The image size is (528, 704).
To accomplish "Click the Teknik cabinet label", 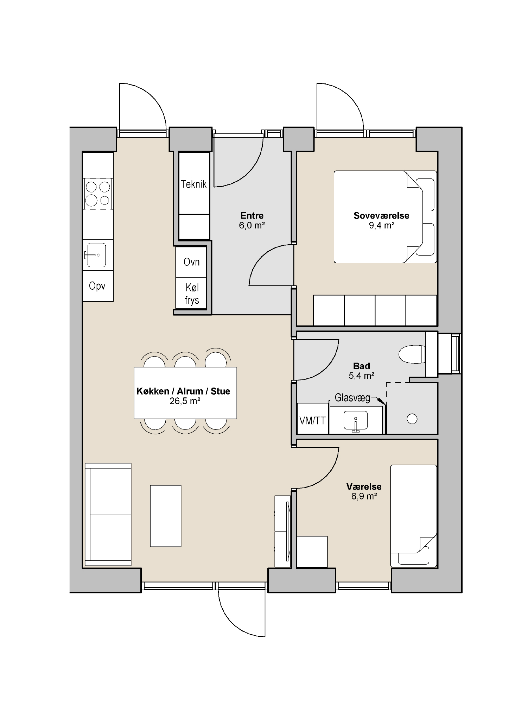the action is pyautogui.click(x=193, y=184).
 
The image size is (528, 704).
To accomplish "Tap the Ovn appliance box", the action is pyautogui.click(x=191, y=262).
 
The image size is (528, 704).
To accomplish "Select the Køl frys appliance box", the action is pyautogui.click(x=191, y=294).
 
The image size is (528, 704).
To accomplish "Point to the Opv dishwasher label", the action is pyautogui.click(x=97, y=286).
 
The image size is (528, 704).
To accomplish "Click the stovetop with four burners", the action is pyautogui.click(x=98, y=194).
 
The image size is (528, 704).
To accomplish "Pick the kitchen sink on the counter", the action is pyautogui.click(x=96, y=255).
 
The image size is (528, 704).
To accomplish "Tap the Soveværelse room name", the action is pyautogui.click(x=381, y=215).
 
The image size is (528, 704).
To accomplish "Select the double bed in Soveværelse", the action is pyautogui.click(x=385, y=217).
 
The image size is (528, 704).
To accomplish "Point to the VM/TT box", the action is pyautogui.click(x=313, y=419).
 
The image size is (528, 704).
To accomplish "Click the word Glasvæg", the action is pyautogui.click(x=352, y=398).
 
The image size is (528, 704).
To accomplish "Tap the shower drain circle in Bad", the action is pyautogui.click(x=412, y=419).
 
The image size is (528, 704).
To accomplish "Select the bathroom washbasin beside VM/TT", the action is pyautogui.click(x=356, y=421).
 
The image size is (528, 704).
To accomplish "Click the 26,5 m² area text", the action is pyautogui.click(x=185, y=401).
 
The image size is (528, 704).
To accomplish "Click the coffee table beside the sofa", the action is pyautogui.click(x=166, y=516).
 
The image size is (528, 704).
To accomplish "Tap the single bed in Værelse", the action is pyautogui.click(x=414, y=516).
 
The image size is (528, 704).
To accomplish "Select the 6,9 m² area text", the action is pyautogui.click(x=364, y=496).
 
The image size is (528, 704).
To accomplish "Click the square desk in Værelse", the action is pyautogui.click(x=312, y=552).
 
